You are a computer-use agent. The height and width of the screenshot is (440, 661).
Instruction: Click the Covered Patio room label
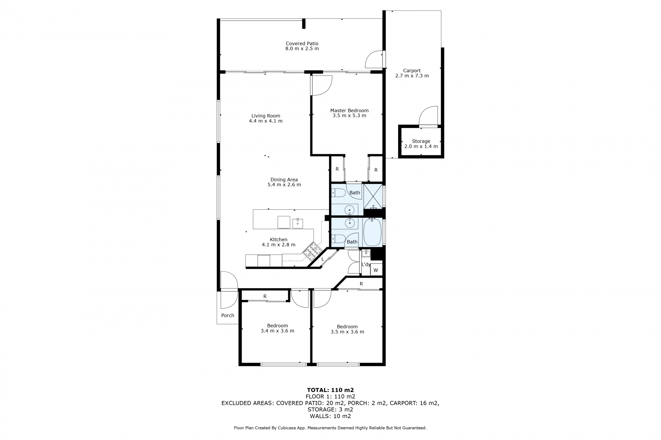pos(302,44)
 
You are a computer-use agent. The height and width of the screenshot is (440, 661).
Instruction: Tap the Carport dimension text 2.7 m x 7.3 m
pos(412,76)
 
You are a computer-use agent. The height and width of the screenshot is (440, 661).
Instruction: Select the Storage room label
pos(421,141)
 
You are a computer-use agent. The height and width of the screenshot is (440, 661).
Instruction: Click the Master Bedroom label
pos(349,110)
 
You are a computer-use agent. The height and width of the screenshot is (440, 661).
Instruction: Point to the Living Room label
pos(266,116)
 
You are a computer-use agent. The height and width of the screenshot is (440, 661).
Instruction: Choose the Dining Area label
pos(284,180)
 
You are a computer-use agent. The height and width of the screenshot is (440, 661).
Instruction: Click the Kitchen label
pos(278,240)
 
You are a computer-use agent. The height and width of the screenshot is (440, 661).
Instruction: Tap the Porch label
pos(228,315)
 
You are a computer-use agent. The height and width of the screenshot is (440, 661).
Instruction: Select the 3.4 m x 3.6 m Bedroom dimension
pos(277,331)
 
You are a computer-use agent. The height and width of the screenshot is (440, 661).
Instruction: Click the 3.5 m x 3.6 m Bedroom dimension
pos(347,332)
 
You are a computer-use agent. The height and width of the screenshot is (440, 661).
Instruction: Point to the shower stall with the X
pos(373,197)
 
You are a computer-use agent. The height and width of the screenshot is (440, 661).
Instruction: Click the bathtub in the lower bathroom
pos(373,232)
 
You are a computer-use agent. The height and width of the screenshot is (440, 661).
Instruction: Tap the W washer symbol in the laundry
pos(376,271)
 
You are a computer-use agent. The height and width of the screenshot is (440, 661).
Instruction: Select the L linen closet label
pos(323,259)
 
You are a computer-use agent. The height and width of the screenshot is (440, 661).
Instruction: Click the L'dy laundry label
pos(366,264)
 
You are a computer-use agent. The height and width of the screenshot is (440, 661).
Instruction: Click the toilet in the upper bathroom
pos(337,193)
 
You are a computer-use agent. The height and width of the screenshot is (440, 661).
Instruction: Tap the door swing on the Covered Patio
pos(374,59)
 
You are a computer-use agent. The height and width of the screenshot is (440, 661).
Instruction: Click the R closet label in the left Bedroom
pos(265,296)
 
